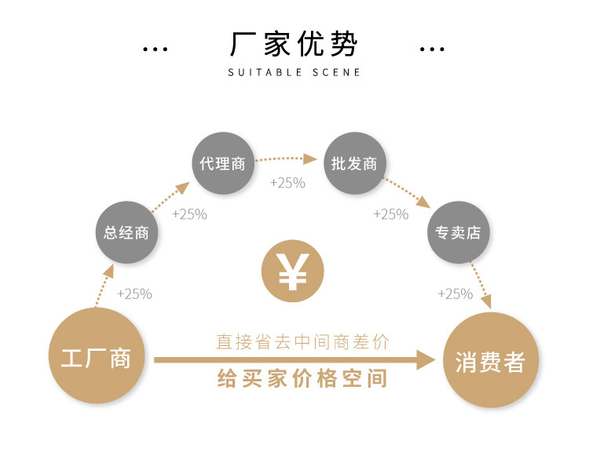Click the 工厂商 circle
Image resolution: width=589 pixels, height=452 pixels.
[x=97, y=355]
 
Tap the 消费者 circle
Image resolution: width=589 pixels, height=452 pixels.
[x=491, y=359]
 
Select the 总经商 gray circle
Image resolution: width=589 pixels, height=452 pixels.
[x=126, y=232]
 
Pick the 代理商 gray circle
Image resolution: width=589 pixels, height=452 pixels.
[x=223, y=163]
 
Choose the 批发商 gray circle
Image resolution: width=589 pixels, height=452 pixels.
[x=355, y=163]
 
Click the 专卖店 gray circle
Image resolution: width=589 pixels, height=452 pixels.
[x=459, y=232]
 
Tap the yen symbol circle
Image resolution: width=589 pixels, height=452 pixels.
[x=293, y=271]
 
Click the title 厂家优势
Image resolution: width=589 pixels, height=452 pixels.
[x=294, y=44]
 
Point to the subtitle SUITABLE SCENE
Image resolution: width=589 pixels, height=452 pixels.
[x=294, y=72]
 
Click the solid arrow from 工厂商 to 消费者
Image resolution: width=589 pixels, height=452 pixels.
[x=294, y=360]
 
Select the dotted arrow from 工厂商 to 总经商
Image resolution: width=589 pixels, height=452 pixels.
[x=104, y=286]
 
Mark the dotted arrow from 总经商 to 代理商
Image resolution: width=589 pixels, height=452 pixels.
[x=170, y=198]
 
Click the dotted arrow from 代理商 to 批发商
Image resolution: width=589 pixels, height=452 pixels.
[x=286, y=159]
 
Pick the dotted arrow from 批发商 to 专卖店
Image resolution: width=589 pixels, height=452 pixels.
[x=407, y=193]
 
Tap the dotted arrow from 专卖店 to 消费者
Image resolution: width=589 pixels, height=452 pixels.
[x=481, y=286]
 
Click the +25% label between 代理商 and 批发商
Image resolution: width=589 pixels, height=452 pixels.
[x=287, y=183]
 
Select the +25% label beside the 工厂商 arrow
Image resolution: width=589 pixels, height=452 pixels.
[x=134, y=293]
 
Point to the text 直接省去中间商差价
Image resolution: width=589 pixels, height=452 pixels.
[x=302, y=341]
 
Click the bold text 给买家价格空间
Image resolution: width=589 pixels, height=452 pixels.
[x=302, y=378]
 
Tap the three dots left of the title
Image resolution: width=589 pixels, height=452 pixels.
[x=155, y=49]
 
